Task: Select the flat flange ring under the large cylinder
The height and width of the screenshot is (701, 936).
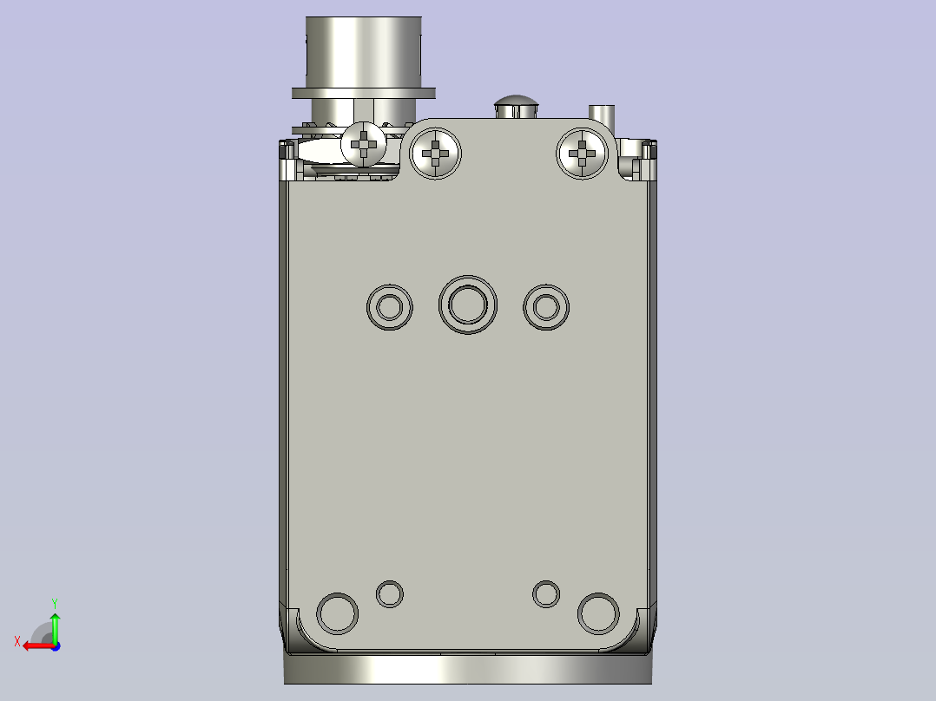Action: click(363, 91)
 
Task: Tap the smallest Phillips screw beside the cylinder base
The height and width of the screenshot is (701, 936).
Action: click(364, 143)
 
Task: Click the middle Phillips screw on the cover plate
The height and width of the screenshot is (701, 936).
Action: click(434, 154)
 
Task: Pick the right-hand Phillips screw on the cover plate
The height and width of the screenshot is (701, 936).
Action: click(582, 154)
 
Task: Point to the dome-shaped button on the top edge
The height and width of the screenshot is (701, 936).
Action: click(517, 104)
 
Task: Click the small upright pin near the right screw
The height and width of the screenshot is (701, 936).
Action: click(601, 114)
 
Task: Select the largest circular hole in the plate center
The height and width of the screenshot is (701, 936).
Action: click(468, 305)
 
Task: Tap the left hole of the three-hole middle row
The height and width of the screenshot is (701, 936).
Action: click(389, 306)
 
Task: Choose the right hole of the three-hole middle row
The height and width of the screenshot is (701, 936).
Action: click(546, 306)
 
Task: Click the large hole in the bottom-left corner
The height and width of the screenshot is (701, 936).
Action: click(337, 613)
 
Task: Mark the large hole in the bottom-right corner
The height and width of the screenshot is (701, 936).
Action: click(598, 613)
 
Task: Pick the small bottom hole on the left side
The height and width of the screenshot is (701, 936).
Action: click(389, 594)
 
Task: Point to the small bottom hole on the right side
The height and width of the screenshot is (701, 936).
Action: click(546, 594)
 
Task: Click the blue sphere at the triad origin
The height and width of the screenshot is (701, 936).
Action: click(55, 645)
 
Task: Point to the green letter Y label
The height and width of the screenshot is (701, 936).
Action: click(54, 601)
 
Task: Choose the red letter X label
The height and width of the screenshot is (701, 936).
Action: click(16, 641)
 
